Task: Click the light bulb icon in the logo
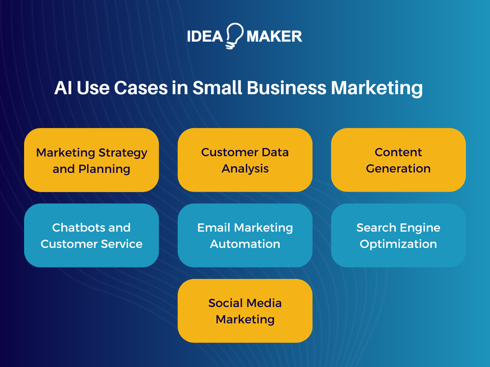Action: pyautogui.click(x=234, y=36)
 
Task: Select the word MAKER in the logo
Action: pyautogui.click(x=274, y=36)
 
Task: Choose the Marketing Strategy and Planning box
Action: pyautogui.click(x=91, y=160)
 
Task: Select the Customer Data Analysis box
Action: pyautogui.click(x=245, y=160)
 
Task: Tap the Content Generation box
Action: pyautogui.click(x=398, y=160)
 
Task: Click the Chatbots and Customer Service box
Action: pyautogui.click(x=91, y=235)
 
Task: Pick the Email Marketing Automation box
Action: pyautogui.click(x=245, y=235)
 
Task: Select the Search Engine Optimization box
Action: pyautogui.click(x=398, y=235)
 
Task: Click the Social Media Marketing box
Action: pyautogui.click(x=245, y=311)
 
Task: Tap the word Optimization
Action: pyautogui.click(x=398, y=244)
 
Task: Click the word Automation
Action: pyautogui.click(x=245, y=244)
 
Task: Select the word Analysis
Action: pyautogui.click(x=245, y=168)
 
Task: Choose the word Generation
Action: pyautogui.click(x=398, y=168)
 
